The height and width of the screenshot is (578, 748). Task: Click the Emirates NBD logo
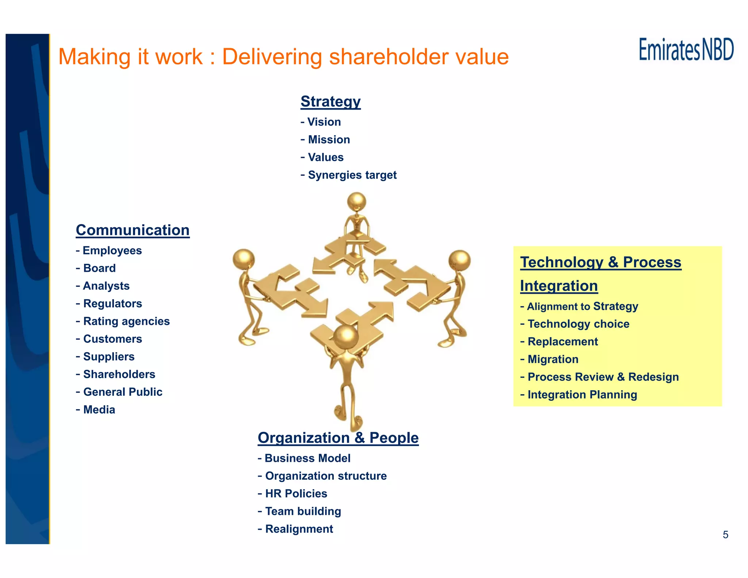[x=686, y=50]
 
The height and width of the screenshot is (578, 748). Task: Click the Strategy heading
[x=331, y=102]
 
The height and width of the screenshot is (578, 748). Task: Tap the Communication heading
[x=133, y=230]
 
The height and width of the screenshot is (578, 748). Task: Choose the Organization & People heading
[x=338, y=438]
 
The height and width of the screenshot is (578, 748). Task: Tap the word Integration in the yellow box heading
[x=559, y=286]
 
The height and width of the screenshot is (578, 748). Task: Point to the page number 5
[x=725, y=535]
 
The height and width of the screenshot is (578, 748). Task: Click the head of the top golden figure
[x=356, y=201]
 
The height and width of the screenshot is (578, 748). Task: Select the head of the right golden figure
[x=459, y=260]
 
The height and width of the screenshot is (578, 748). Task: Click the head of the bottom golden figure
[x=346, y=337]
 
